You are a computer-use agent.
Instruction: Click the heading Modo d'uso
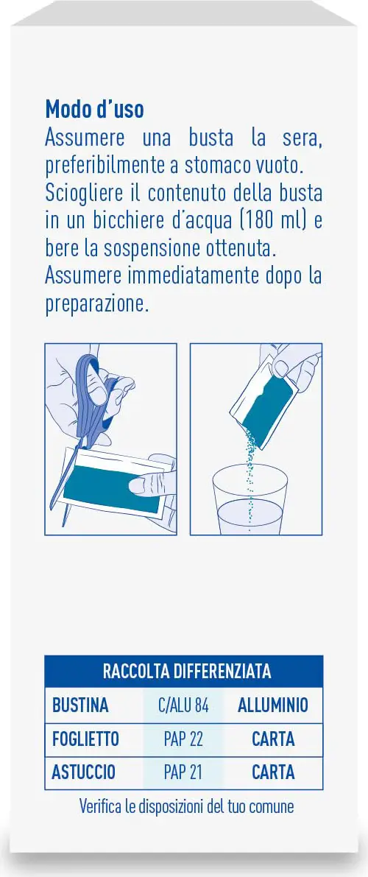[x=94, y=109]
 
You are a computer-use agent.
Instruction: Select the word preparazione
[x=97, y=305]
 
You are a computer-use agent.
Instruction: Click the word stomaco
[x=220, y=166]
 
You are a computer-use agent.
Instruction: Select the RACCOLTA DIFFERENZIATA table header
[x=187, y=671]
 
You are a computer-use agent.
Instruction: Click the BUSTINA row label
[x=80, y=705]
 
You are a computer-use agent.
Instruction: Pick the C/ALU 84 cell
[x=183, y=706]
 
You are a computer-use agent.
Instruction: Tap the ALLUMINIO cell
[x=273, y=705]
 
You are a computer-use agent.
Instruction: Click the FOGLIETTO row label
[x=85, y=739]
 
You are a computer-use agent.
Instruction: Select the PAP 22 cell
[x=183, y=739]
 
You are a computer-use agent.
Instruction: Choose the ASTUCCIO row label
[x=83, y=772]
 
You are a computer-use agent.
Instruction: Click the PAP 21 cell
[x=183, y=772]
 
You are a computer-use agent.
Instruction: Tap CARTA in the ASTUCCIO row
[x=273, y=772]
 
